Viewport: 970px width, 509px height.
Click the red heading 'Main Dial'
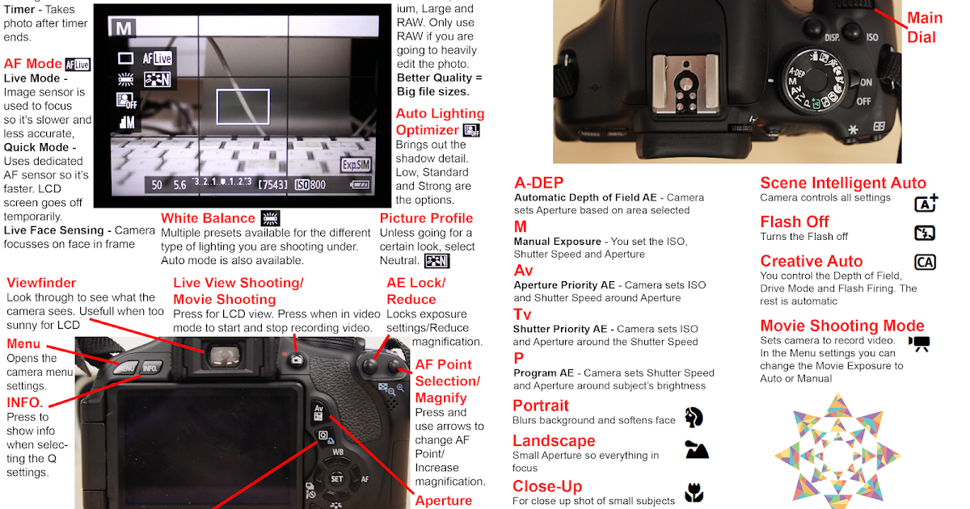tap(924, 27)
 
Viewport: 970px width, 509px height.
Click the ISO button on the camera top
tap(872, 36)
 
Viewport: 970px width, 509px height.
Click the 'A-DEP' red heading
tap(538, 183)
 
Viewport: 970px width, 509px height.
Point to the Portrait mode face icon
tap(694, 417)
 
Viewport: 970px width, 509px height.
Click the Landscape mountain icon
tap(696, 450)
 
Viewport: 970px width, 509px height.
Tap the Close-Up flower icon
tap(694, 491)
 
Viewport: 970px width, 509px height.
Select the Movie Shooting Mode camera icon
tap(919, 343)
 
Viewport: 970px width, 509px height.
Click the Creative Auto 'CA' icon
tap(925, 262)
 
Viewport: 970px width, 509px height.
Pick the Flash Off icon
tap(925, 233)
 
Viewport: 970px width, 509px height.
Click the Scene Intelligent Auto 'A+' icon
tap(926, 203)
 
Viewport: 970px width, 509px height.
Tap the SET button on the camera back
tap(336, 478)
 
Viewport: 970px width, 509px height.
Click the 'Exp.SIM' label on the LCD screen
tap(356, 164)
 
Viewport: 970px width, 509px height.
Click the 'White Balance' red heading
tap(208, 218)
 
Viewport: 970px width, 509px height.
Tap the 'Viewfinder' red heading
tap(41, 283)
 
